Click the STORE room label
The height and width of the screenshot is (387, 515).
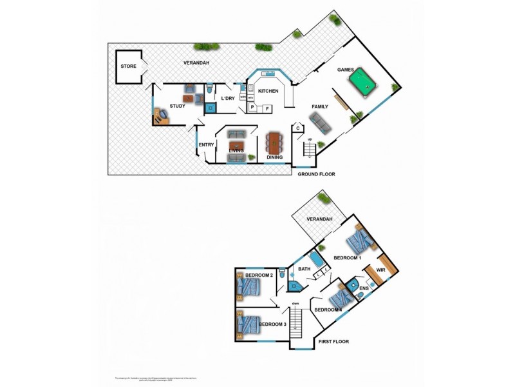(x=128, y=66)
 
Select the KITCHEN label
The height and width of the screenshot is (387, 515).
(x=268, y=92)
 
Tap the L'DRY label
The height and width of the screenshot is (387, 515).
(x=228, y=98)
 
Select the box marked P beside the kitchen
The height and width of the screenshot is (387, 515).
(x=253, y=108)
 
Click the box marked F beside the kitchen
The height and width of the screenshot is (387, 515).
(x=267, y=108)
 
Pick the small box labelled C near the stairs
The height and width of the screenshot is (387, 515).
(x=298, y=128)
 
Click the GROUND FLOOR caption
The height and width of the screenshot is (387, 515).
(x=317, y=174)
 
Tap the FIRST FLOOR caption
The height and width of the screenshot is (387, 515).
(x=333, y=342)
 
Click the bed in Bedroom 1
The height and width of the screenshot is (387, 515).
(x=358, y=243)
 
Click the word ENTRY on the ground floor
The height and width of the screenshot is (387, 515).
(x=206, y=144)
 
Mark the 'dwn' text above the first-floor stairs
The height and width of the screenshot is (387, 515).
(x=295, y=304)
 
